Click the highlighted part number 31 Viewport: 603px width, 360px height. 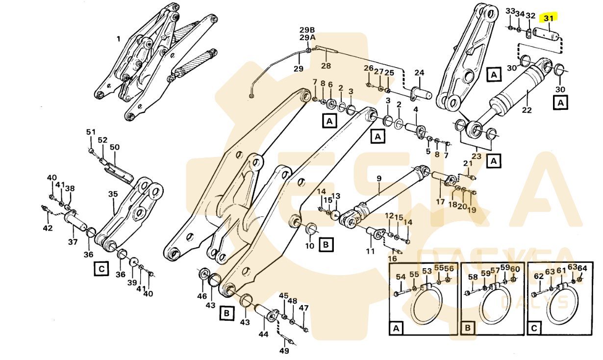click(549, 18)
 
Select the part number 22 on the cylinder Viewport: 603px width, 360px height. click(527, 110)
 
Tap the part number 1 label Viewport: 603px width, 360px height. click(118, 38)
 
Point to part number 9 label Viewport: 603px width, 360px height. click(379, 178)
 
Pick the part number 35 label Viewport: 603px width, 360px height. click(113, 194)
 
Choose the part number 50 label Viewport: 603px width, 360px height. click(114, 147)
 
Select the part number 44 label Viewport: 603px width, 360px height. click(264, 334)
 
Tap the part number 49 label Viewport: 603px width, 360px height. click(284, 351)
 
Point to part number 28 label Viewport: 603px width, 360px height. click(326, 66)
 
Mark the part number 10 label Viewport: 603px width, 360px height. click(310, 245)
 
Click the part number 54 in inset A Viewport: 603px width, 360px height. click(401, 277)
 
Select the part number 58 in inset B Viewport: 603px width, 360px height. click(473, 277)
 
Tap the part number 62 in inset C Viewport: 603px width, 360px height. click(539, 276)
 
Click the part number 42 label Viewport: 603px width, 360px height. click(47, 228)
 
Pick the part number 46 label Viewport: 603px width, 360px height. click(202, 296)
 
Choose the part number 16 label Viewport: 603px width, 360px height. click(392, 258)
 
